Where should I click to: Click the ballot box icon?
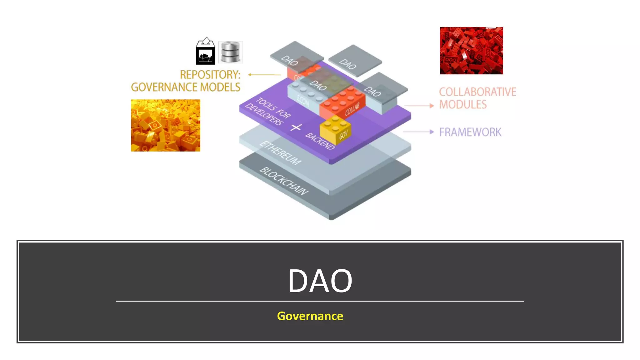[205, 52]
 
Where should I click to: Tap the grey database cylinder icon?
[230, 52]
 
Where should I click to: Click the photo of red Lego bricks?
[471, 51]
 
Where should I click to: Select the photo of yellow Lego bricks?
[166, 125]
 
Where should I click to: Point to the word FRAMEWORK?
[470, 132]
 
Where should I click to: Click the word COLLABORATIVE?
[477, 92]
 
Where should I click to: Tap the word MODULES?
[463, 104]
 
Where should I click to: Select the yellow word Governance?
[310, 316]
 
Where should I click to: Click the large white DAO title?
[320, 281]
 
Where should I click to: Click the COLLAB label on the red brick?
[352, 109]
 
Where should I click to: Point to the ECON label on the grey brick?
[303, 101]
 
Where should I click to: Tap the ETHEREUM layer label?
[280, 153]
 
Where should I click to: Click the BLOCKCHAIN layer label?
[284, 181]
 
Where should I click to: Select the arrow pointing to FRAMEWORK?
[418, 132]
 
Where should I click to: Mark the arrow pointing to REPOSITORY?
[264, 75]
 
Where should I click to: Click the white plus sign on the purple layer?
[296, 127]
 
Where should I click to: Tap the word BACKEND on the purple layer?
[320, 141]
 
